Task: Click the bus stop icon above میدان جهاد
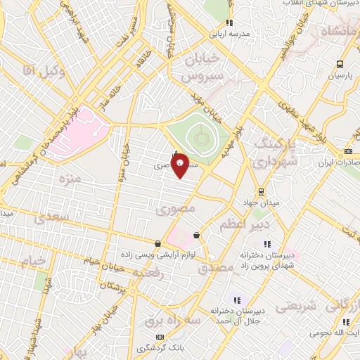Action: coord(261,191)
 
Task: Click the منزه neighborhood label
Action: coord(71,179)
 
